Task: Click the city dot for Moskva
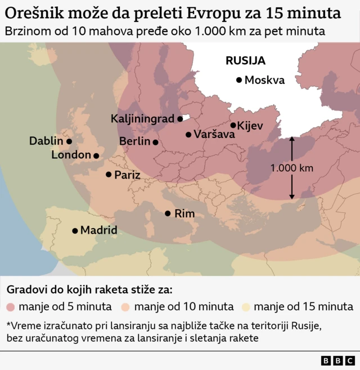point(239,81)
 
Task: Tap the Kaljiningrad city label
point(143,119)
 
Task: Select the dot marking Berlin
point(156,142)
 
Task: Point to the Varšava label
point(211,135)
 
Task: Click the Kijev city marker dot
point(233,125)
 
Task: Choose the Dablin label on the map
point(47,141)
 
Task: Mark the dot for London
point(96,155)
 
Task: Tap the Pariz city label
point(127,175)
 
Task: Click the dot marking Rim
point(168,213)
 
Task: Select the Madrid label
point(98,230)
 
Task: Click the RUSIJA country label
point(245,60)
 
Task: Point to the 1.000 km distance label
point(291,168)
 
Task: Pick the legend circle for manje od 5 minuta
point(11,307)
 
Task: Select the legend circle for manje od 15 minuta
point(246,307)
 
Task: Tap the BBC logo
point(337,360)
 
